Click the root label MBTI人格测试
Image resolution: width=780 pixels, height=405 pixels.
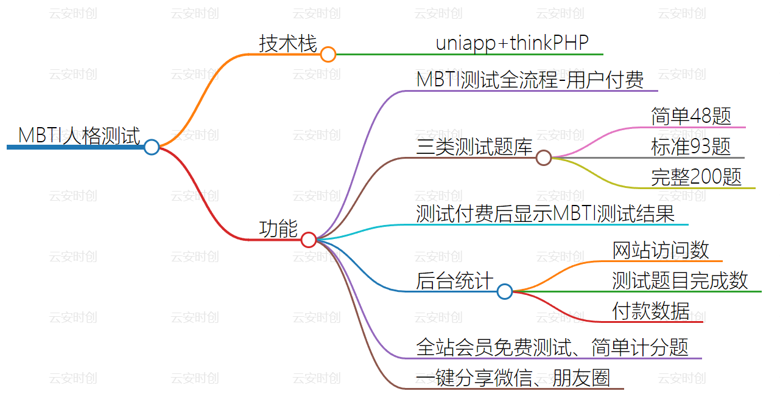[79, 136]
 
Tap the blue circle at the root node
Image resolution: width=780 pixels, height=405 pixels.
[152, 147]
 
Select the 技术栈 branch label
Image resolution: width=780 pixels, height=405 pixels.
[288, 44]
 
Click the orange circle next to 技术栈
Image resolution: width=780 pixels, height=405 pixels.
[328, 55]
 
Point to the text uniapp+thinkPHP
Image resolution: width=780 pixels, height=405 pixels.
[512, 43]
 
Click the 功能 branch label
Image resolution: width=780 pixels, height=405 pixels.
[278, 229]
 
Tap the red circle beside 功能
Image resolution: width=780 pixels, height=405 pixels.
[309, 240]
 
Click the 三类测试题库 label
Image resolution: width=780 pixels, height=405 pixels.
[475, 147]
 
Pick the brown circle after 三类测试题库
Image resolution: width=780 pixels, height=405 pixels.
[544, 158]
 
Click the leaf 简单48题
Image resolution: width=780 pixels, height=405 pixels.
[691, 116]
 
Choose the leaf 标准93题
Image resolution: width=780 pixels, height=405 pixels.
[691, 147]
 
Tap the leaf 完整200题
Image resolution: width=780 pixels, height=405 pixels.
[697, 177]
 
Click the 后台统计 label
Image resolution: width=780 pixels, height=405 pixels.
[455, 281]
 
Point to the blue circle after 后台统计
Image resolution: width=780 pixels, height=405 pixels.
[505, 292]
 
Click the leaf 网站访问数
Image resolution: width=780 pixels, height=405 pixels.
[661, 250]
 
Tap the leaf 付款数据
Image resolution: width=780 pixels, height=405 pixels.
[651, 311]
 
